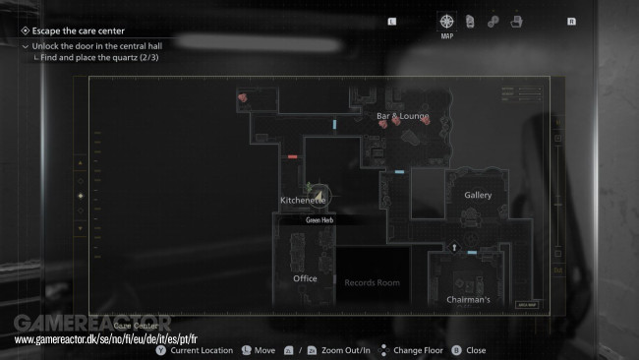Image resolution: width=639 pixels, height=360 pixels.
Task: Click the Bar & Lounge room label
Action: click(x=403, y=116)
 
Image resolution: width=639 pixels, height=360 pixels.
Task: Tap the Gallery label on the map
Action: click(x=477, y=195)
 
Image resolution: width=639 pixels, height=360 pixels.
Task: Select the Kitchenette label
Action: click(x=302, y=200)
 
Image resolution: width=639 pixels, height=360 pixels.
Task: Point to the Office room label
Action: click(x=305, y=278)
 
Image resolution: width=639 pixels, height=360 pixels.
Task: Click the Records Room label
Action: click(x=372, y=282)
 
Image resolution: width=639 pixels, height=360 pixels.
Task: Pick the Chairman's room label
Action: click(x=468, y=299)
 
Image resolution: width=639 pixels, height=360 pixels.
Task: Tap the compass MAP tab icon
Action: click(x=446, y=22)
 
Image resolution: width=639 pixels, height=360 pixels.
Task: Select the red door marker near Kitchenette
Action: click(x=292, y=156)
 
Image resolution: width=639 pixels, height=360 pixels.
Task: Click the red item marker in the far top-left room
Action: click(x=244, y=97)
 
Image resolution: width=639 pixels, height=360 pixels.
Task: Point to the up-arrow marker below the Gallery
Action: click(x=454, y=248)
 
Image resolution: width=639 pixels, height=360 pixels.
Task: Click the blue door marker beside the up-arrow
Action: click(x=473, y=253)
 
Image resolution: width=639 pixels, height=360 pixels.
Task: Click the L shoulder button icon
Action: click(x=392, y=20)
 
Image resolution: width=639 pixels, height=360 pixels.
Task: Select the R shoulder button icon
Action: click(x=571, y=20)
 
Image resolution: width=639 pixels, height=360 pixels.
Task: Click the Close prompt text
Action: click(x=476, y=350)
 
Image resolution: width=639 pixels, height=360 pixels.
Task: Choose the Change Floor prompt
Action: click(x=419, y=350)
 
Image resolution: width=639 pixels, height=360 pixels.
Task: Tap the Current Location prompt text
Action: click(x=202, y=350)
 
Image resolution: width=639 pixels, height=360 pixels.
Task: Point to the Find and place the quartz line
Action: click(x=87, y=58)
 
